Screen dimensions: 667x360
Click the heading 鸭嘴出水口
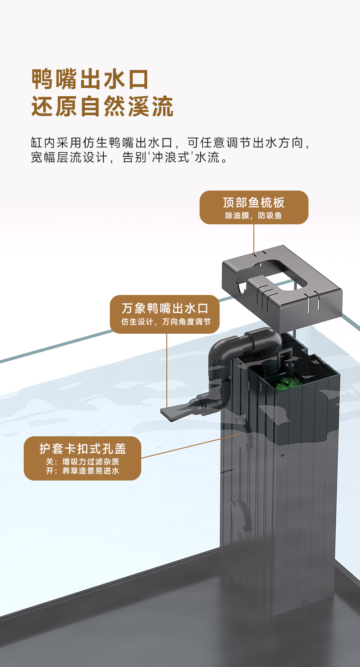[90, 79]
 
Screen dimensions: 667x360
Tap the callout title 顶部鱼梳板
[254, 202]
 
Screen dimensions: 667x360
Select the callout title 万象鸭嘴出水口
[165, 308]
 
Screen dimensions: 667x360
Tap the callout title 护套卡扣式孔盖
[82, 449]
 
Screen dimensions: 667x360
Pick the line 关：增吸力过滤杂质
[82, 461]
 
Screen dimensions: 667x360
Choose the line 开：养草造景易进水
[82, 471]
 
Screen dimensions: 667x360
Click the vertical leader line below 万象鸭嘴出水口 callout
[167, 369]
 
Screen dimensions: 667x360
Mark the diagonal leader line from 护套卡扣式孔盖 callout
[191, 446]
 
